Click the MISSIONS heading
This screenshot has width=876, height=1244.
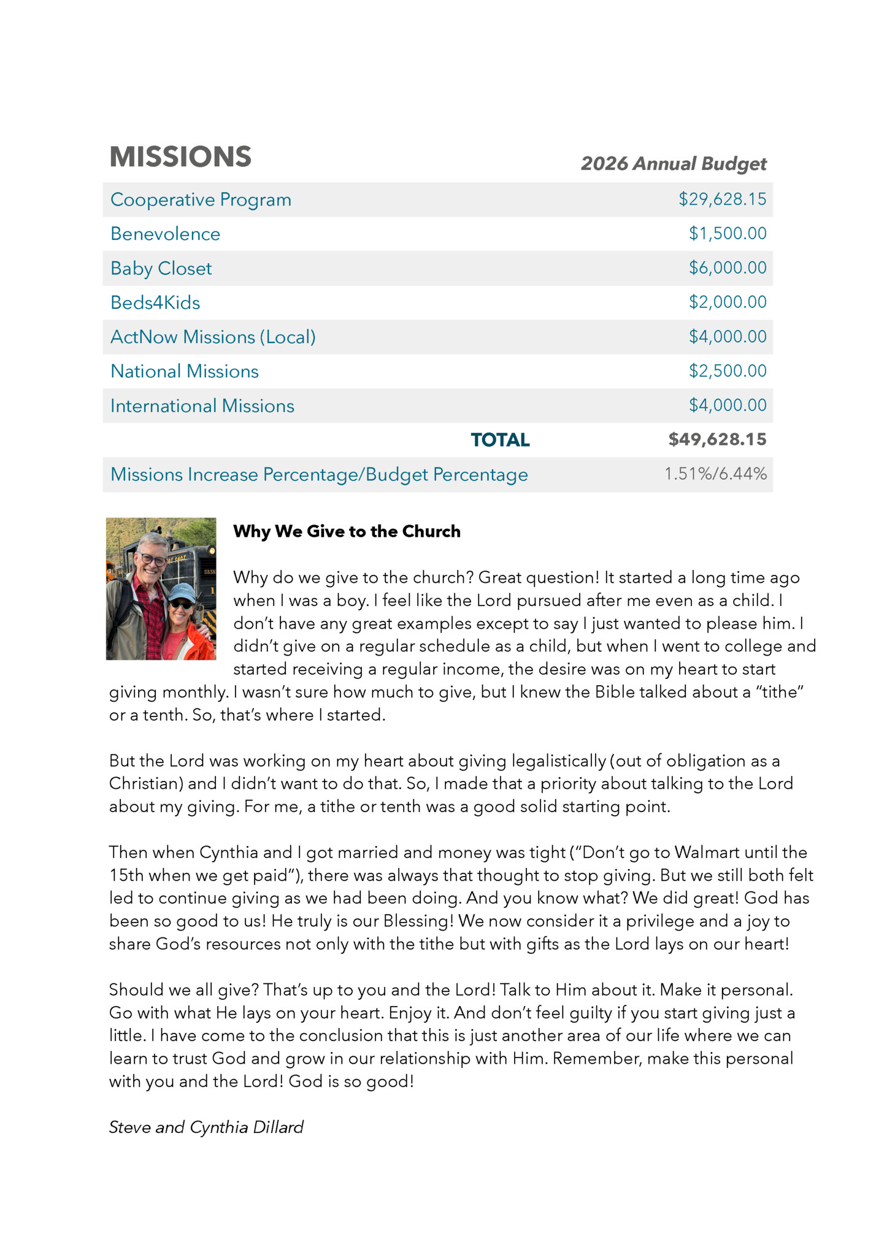180,157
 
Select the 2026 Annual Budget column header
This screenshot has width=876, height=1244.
673,164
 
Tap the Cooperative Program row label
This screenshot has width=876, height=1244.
201,200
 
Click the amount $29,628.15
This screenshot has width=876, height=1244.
722,199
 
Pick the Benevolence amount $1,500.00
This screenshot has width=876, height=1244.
727,234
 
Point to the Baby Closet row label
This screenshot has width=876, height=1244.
161,269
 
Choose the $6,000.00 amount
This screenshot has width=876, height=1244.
727,268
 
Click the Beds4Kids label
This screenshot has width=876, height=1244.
155,303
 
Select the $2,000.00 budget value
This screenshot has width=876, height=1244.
727,302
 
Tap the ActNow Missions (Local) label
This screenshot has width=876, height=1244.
213,337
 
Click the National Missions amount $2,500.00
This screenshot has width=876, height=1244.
727,371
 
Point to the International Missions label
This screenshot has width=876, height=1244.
202,406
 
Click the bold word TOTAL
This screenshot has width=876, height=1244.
500,440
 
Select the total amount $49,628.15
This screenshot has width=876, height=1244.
717,440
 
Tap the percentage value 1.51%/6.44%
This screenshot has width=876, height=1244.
715,474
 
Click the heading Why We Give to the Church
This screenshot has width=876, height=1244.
347,531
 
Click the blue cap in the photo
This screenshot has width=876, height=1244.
181,593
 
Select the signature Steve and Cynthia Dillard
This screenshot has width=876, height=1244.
206,1127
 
